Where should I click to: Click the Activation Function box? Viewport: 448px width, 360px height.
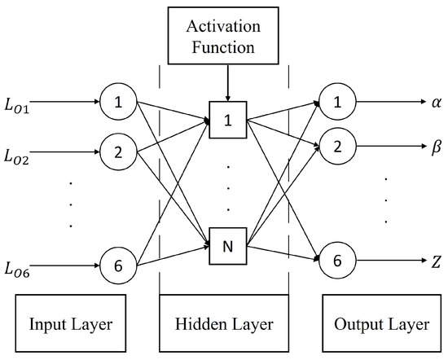pos(224,37)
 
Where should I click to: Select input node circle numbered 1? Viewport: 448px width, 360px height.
pos(117,103)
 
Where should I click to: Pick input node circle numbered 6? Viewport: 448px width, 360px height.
pos(117,264)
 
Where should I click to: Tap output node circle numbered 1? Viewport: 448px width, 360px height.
pos(334,103)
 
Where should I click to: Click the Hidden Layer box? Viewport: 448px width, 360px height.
pos(224,325)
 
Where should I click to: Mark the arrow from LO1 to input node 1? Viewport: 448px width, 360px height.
pos(69,103)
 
